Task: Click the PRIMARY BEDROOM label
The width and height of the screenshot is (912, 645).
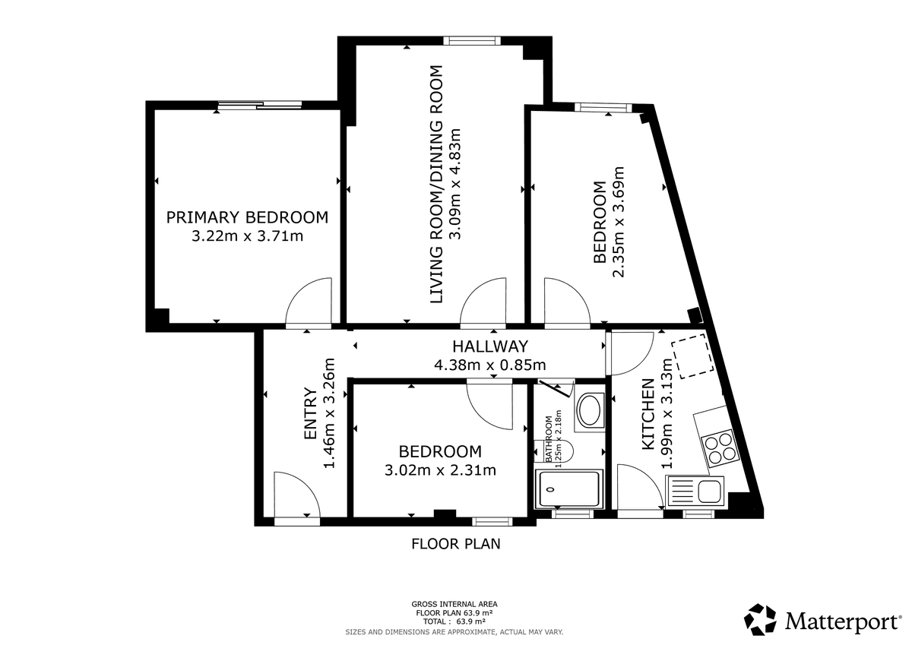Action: (x=247, y=217)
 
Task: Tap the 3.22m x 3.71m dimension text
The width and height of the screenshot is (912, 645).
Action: (x=247, y=236)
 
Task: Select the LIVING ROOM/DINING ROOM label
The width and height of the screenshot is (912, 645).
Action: (x=436, y=185)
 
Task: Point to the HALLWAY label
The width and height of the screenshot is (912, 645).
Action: (x=490, y=346)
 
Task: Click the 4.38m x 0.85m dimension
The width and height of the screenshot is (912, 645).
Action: (x=490, y=365)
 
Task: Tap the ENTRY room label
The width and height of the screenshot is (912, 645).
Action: (x=311, y=413)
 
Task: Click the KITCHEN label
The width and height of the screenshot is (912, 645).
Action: (x=648, y=414)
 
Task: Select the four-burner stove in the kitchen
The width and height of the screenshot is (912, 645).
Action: (x=720, y=449)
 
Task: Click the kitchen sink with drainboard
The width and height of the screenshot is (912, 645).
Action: (x=695, y=492)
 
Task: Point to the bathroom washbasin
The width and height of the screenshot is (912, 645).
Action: (x=590, y=409)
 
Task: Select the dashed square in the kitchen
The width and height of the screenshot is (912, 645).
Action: (x=692, y=356)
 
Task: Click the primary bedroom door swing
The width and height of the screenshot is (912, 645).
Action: (x=309, y=302)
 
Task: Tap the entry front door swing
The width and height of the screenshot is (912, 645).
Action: (x=297, y=495)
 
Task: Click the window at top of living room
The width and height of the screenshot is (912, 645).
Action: (x=471, y=40)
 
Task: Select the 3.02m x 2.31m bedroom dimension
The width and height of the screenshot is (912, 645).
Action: (x=441, y=470)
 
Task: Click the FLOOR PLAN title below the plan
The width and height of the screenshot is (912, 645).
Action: (x=455, y=544)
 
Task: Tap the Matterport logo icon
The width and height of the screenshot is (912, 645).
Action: (x=760, y=619)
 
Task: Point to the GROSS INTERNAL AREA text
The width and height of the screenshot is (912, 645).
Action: (x=454, y=604)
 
